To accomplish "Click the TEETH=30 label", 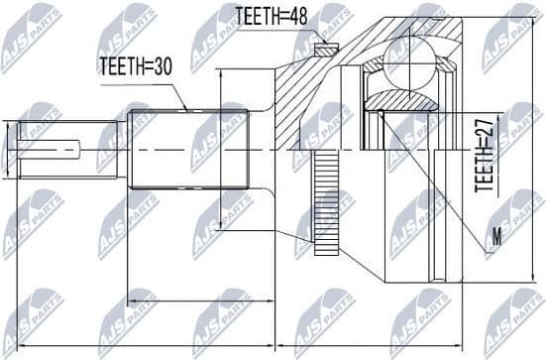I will (136, 66).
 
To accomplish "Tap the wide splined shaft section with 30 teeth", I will (188, 149).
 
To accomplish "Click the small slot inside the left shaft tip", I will (59, 149).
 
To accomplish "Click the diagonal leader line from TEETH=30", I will (179, 95).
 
